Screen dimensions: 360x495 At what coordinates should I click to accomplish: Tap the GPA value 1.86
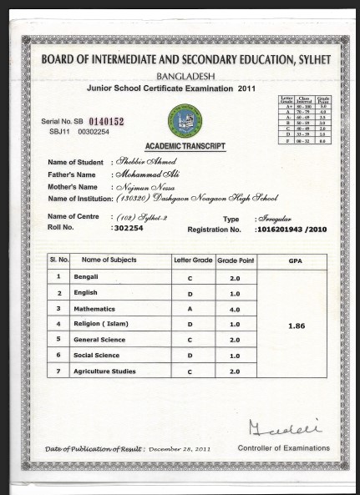click(295, 326)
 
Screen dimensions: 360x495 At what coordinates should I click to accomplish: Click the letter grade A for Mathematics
click(192, 308)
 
